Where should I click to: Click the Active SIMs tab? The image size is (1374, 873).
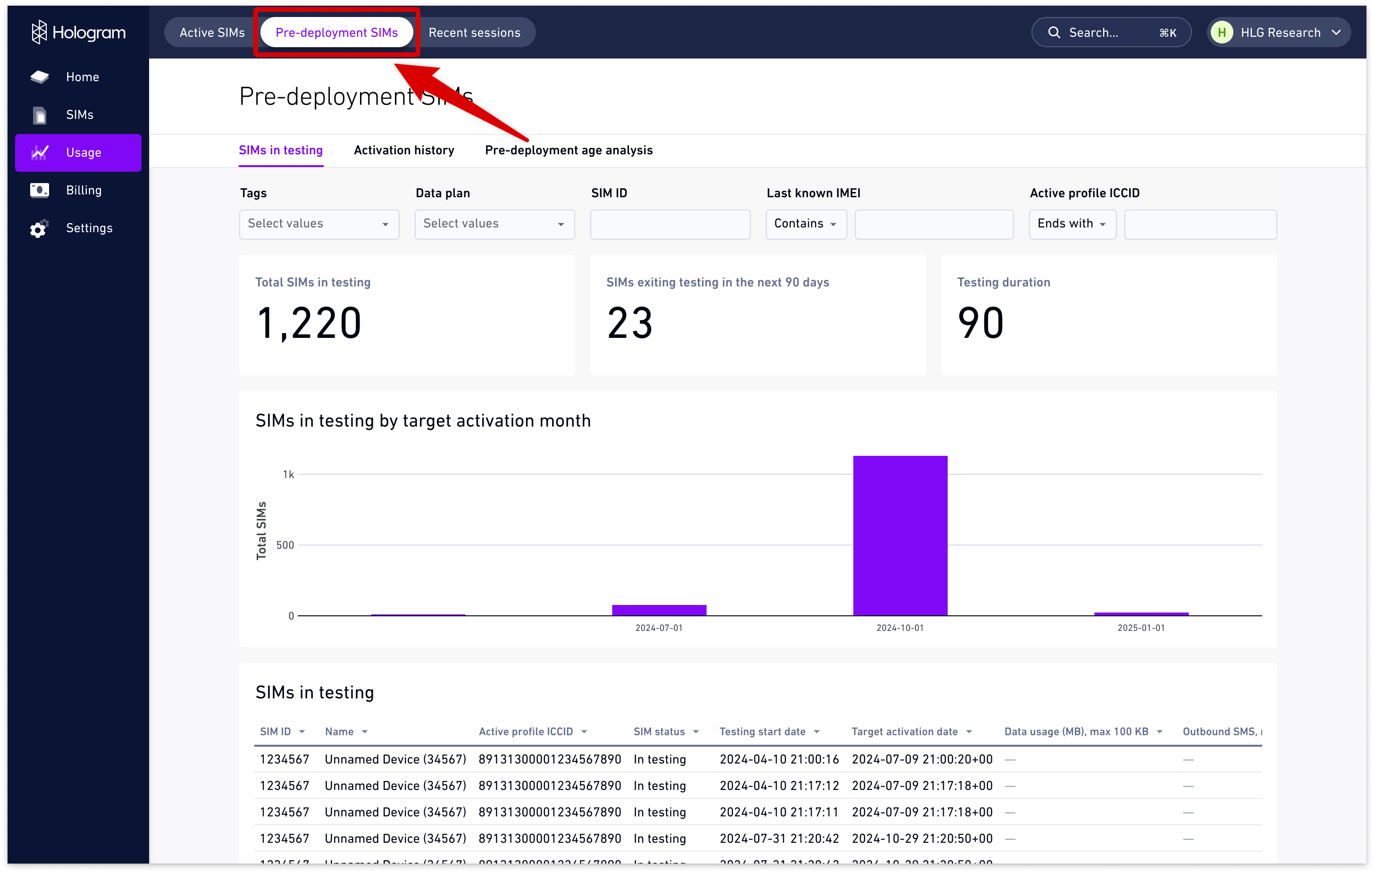(212, 33)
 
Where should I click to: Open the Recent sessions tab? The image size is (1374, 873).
(474, 33)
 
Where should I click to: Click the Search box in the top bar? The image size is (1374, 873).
(1110, 33)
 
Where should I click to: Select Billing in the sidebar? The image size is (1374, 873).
(84, 190)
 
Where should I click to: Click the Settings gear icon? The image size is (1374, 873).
(39, 229)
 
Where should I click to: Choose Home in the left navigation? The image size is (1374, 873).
(82, 77)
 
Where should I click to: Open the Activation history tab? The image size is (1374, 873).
(404, 150)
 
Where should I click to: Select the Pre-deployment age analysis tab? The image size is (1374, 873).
(568, 150)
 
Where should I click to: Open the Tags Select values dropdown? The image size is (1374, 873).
(319, 224)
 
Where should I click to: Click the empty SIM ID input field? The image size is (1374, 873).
(670, 224)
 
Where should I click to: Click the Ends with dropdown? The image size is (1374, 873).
(1072, 224)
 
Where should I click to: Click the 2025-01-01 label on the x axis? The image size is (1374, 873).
(1140, 628)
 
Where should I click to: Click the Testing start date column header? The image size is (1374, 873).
(762, 731)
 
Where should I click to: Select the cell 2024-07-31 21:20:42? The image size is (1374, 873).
(779, 838)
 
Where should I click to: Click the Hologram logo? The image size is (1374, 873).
(79, 33)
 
